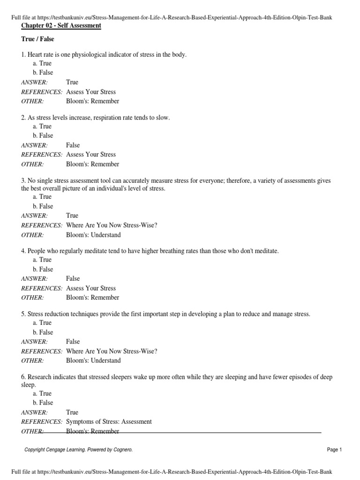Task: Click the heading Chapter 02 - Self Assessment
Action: [61, 25]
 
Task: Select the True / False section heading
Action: [37, 39]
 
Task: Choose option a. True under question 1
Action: [42, 63]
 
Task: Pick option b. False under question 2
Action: [43, 135]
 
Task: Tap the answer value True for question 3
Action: [72, 216]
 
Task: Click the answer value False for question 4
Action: [73, 278]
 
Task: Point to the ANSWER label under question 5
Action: [34, 342]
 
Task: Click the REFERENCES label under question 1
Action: [42, 92]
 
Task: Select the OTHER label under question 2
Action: [32, 164]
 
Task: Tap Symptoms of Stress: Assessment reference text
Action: [109, 421]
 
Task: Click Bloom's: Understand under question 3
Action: [93, 235]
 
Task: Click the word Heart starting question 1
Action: [35, 55]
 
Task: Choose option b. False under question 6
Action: [43, 403]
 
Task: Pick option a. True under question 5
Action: [42, 322]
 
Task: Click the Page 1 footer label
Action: [334, 450]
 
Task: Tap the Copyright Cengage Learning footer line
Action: [78, 450]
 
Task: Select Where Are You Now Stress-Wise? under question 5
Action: [112, 351]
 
